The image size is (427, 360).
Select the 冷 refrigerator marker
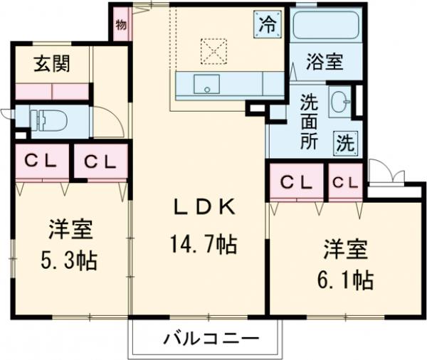click(266, 25)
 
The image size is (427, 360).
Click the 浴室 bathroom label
click(325, 63)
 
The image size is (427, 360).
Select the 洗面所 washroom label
click(309, 120)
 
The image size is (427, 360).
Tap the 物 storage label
click(120, 26)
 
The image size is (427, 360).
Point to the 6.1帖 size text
click(345, 280)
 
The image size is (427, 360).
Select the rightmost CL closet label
click(344, 182)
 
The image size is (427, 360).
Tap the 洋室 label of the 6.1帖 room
click(345, 250)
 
